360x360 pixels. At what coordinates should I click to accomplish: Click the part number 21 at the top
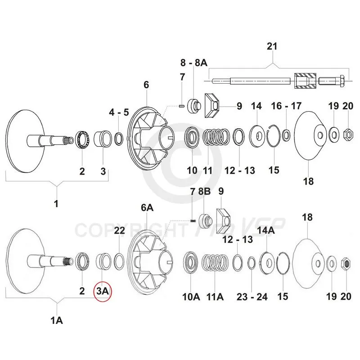(273, 47)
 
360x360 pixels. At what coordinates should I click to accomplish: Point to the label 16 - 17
(286, 106)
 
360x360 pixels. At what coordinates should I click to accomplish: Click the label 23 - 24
(252, 297)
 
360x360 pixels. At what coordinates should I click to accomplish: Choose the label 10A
(191, 297)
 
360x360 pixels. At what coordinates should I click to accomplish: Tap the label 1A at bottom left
(57, 320)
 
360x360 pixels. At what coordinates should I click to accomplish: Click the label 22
(119, 230)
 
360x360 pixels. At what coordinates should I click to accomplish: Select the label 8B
(204, 192)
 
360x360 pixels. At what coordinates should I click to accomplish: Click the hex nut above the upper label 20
(347, 133)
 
